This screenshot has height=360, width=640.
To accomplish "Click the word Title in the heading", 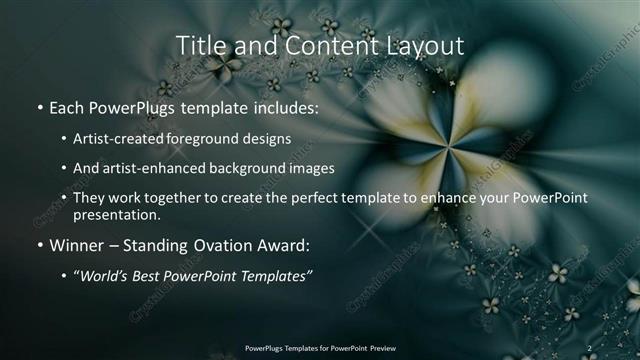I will point(199,45).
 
